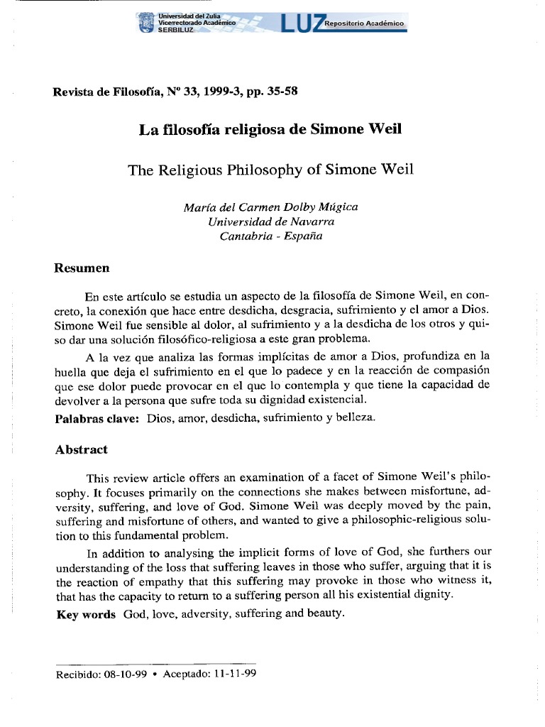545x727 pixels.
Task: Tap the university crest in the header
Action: (145, 23)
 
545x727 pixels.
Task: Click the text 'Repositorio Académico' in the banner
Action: (364, 24)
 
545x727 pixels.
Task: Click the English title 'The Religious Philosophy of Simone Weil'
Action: (270, 170)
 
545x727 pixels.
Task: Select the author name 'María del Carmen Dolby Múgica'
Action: (270, 207)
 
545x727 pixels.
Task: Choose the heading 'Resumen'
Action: (82, 268)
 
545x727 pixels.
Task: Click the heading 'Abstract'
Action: (81, 449)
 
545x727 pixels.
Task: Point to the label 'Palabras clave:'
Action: (97, 418)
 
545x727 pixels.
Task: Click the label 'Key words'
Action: (85, 614)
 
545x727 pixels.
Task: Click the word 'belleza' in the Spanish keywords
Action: (355, 418)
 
